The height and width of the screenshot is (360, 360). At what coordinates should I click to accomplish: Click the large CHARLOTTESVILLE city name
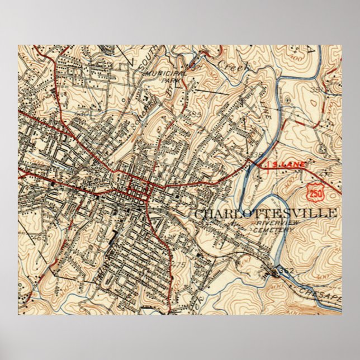(x=267, y=213)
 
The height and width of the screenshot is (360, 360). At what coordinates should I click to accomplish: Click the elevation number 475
(x=179, y=264)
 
